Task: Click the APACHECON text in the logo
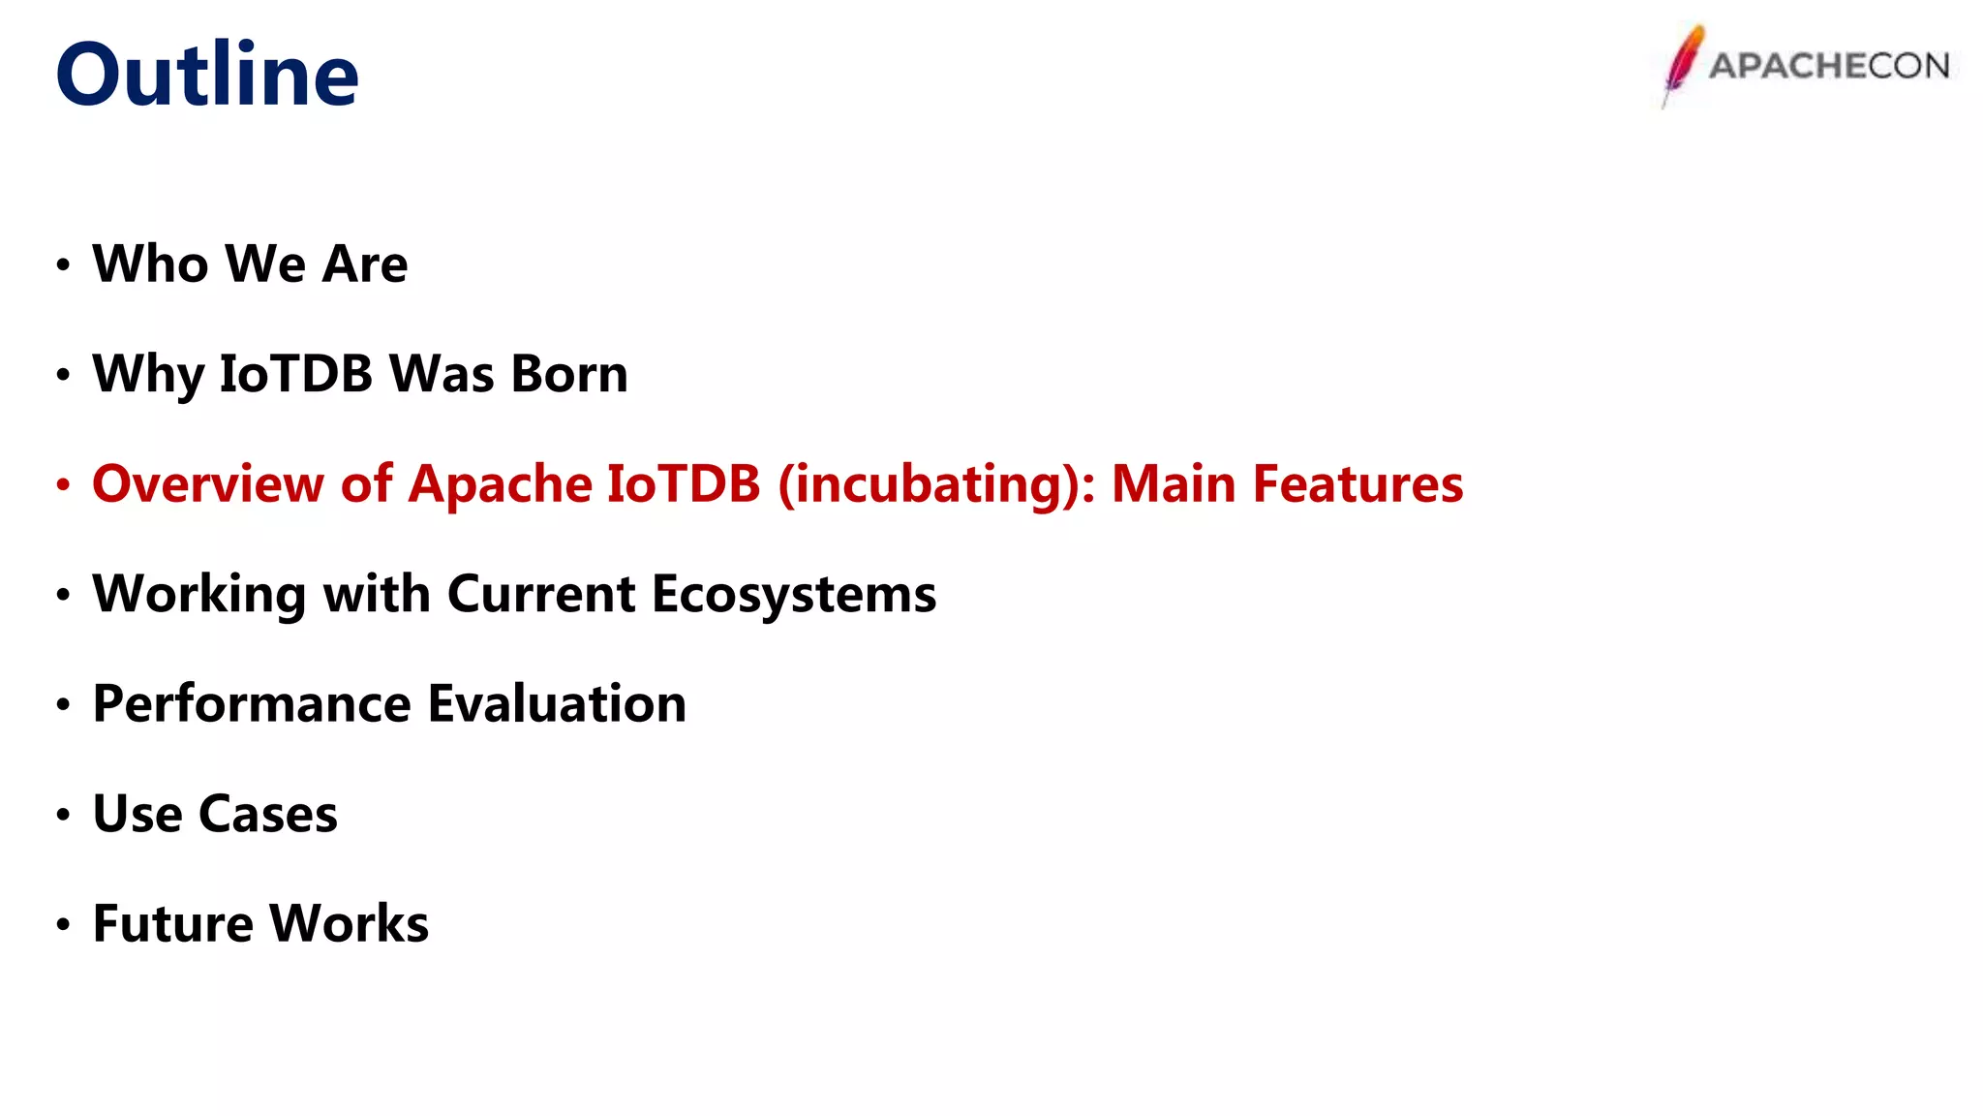(x=1828, y=66)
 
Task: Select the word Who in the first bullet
(x=150, y=263)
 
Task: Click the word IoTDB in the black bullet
(x=295, y=374)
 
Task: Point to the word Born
(x=569, y=374)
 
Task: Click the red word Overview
(x=207, y=483)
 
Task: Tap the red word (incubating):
(x=936, y=483)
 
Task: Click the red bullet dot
(x=63, y=484)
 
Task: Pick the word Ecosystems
(x=794, y=594)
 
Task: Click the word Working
(x=198, y=594)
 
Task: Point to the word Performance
(x=252, y=703)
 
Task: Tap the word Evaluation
(x=557, y=703)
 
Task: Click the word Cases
(x=268, y=814)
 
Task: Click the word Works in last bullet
(x=349, y=923)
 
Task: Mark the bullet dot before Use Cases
(x=63, y=815)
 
